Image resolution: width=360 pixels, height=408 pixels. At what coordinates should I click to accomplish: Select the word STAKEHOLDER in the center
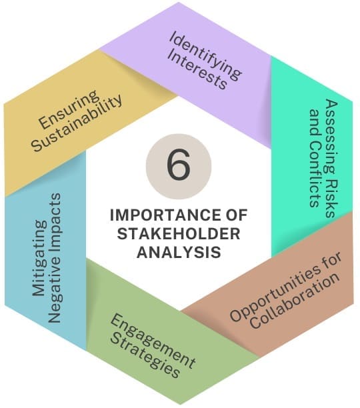click(179, 233)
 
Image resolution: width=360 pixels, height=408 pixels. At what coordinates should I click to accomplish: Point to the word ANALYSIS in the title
click(179, 252)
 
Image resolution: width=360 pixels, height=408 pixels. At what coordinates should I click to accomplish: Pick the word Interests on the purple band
click(197, 71)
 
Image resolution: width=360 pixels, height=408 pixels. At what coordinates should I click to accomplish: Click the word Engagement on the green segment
click(153, 341)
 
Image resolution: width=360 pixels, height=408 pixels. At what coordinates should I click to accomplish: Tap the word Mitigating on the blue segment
click(39, 259)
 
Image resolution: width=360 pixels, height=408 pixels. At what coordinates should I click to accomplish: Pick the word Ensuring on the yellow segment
click(69, 110)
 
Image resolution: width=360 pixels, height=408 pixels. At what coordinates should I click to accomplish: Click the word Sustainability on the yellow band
click(77, 123)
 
